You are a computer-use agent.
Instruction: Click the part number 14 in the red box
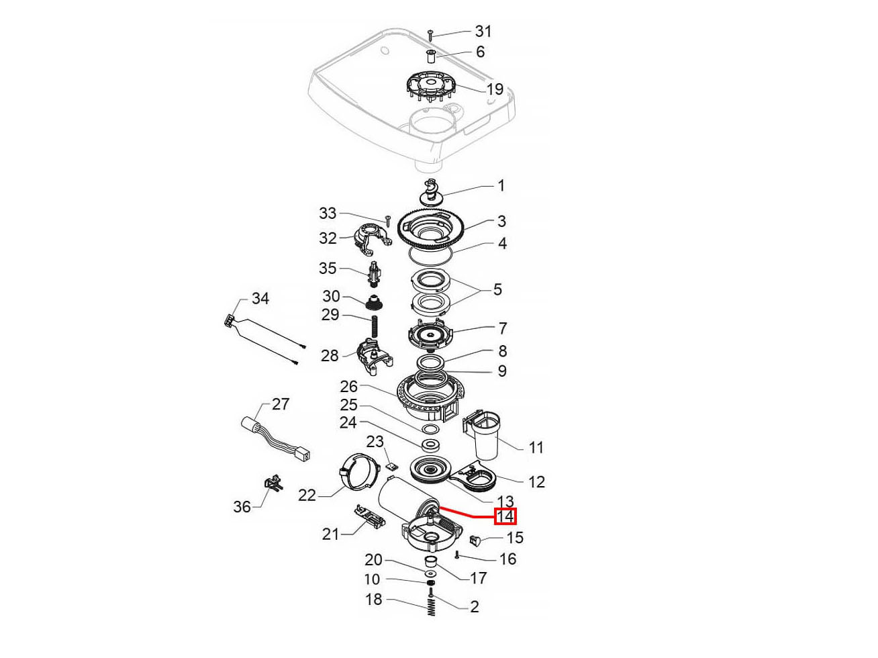point(505,516)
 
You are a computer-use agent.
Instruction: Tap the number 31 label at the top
point(483,31)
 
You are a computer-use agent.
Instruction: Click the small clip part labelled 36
point(273,483)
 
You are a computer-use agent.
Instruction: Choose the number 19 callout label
point(495,90)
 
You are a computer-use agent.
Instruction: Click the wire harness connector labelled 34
point(230,322)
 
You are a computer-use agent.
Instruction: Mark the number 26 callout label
point(349,387)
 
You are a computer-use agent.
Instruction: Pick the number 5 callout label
point(497,289)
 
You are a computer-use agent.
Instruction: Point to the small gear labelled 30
point(374,303)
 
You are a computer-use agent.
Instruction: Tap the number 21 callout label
point(331,534)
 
